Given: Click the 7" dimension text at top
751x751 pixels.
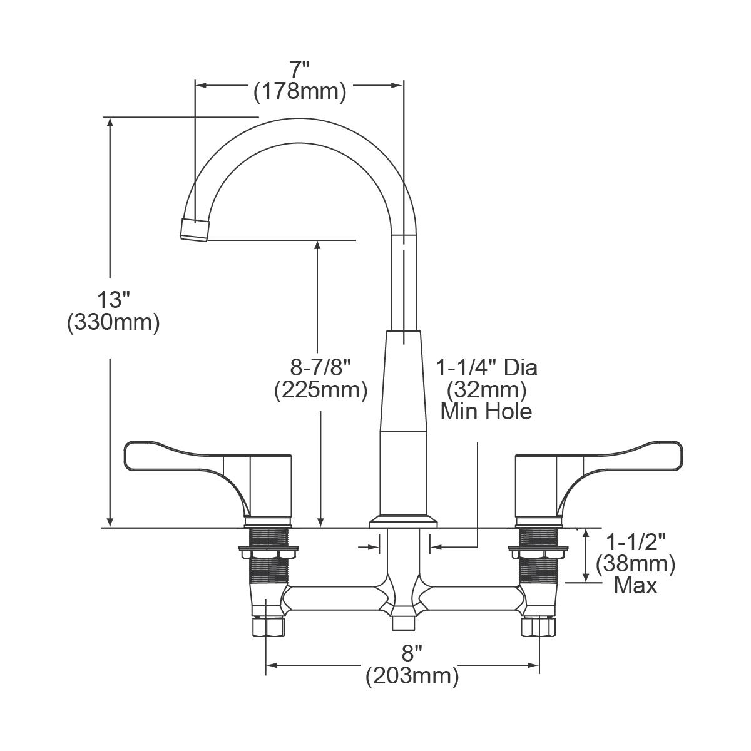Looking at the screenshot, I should pos(300,68).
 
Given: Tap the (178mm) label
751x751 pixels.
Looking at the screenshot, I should pos(300,92).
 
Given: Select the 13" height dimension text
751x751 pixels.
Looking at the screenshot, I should pos(113,299).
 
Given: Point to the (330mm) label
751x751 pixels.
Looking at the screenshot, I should pos(113,323).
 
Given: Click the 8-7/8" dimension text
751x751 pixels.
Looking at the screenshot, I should pos(320,366).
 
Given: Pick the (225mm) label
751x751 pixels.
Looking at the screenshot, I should pos(320,391).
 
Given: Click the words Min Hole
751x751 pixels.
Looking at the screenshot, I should pos(486,412).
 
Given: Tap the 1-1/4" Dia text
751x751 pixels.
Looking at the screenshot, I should pos(486,367).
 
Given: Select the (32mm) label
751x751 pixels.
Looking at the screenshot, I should pos(486,390).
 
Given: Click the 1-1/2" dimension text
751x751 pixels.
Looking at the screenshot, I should pos(635,541).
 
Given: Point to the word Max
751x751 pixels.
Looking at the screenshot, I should pos(635,586).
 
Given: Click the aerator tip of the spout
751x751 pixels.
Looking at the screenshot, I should pos(195,230).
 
